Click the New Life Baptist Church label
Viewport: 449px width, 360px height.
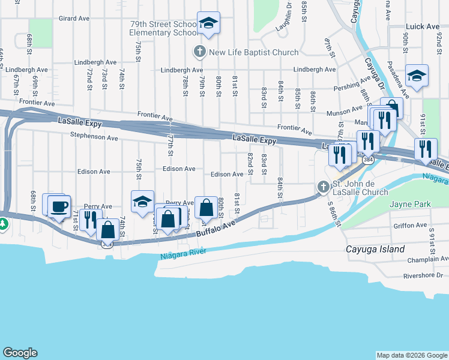(253, 52)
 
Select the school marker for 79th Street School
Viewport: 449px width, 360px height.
(208, 23)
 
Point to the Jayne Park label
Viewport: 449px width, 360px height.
(410, 205)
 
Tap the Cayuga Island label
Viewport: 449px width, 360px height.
(375, 249)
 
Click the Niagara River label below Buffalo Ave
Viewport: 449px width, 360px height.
(184, 253)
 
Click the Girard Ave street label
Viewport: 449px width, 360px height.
(74, 19)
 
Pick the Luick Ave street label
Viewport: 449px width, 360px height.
(423, 26)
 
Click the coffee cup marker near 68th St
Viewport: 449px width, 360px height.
(59, 207)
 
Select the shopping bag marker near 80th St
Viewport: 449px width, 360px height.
(206, 208)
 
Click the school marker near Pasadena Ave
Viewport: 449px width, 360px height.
(417, 76)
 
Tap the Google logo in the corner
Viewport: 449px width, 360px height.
(20, 352)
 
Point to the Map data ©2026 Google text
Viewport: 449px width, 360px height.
(411, 355)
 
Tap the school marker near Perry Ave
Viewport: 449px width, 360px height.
(142, 202)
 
